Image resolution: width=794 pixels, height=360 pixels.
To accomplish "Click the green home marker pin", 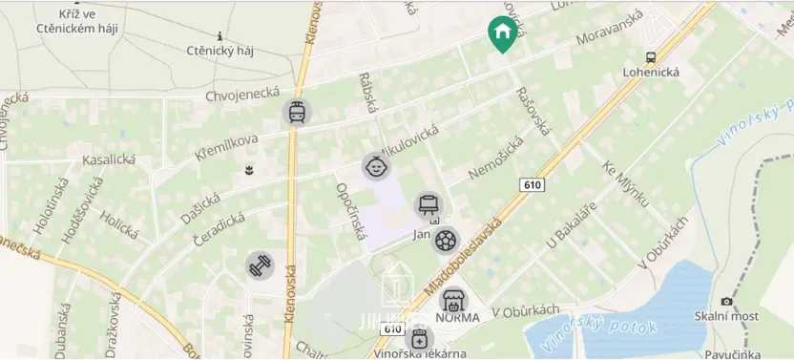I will pyautogui.click(x=501, y=33).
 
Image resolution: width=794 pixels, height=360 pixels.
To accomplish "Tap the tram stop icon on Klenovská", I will pyautogui.click(x=297, y=113).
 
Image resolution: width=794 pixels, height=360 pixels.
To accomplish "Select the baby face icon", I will pyautogui.click(x=376, y=167).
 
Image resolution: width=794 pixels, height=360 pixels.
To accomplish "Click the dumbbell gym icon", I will pyautogui.click(x=260, y=266).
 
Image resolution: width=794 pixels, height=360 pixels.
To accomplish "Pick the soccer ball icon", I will pyautogui.click(x=445, y=241).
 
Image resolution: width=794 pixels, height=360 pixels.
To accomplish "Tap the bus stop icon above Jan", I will pyautogui.click(x=428, y=204).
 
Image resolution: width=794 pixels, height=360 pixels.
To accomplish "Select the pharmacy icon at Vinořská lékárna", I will pyautogui.click(x=418, y=339).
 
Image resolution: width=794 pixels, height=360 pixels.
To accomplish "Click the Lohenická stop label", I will pyautogui.click(x=651, y=72).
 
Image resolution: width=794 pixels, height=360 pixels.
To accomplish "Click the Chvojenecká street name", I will pyautogui.click(x=242, y=94).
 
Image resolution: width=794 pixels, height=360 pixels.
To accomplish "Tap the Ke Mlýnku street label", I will pyautogui.click(x=625, y=183).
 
